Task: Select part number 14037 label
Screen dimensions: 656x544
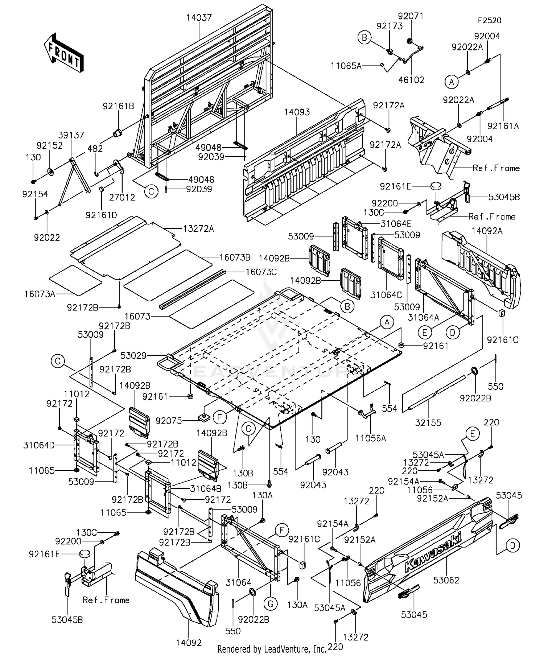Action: coord(199,17)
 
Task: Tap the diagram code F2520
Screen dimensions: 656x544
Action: coord(489,21)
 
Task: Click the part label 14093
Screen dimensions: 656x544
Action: coord(297,112)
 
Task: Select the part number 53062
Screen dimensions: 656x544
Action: coord(446,580)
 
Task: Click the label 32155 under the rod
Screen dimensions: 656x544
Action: coord(428,422)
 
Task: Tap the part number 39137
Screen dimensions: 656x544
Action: coord(71,135)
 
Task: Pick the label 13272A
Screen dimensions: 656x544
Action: coord(198,228)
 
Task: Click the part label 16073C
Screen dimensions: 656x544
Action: coord(261,272)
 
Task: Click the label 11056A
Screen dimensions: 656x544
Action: coord(371,438)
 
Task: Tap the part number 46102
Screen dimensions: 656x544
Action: coord(411,80)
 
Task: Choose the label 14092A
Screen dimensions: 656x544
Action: coord(487,231)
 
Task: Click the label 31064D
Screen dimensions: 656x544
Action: coord(39,445)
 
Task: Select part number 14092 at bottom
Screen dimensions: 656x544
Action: coord(189,643)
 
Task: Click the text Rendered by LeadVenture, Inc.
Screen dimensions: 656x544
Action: coord(272,649)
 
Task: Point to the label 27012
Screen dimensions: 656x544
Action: coord(122,197)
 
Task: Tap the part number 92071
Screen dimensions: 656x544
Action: coord(411,16)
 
